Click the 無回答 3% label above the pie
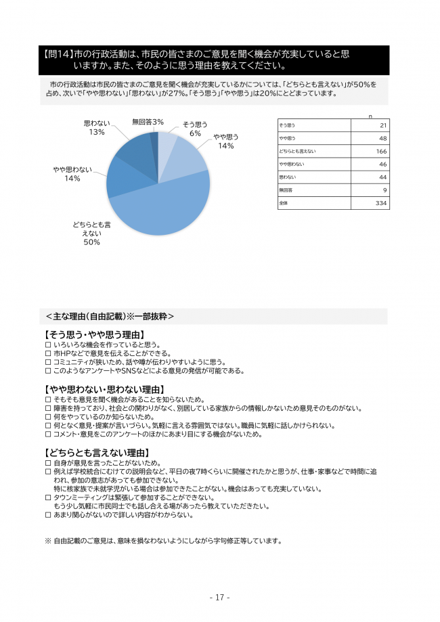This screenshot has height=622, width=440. point(148,122)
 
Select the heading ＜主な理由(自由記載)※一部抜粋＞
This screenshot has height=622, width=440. point(110,316)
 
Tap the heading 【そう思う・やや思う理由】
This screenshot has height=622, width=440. point(94,335)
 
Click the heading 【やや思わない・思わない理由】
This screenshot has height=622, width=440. point(104,389)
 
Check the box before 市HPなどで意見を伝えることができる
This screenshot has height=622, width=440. point(47,353)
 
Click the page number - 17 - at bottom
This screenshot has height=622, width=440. point(219,597)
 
